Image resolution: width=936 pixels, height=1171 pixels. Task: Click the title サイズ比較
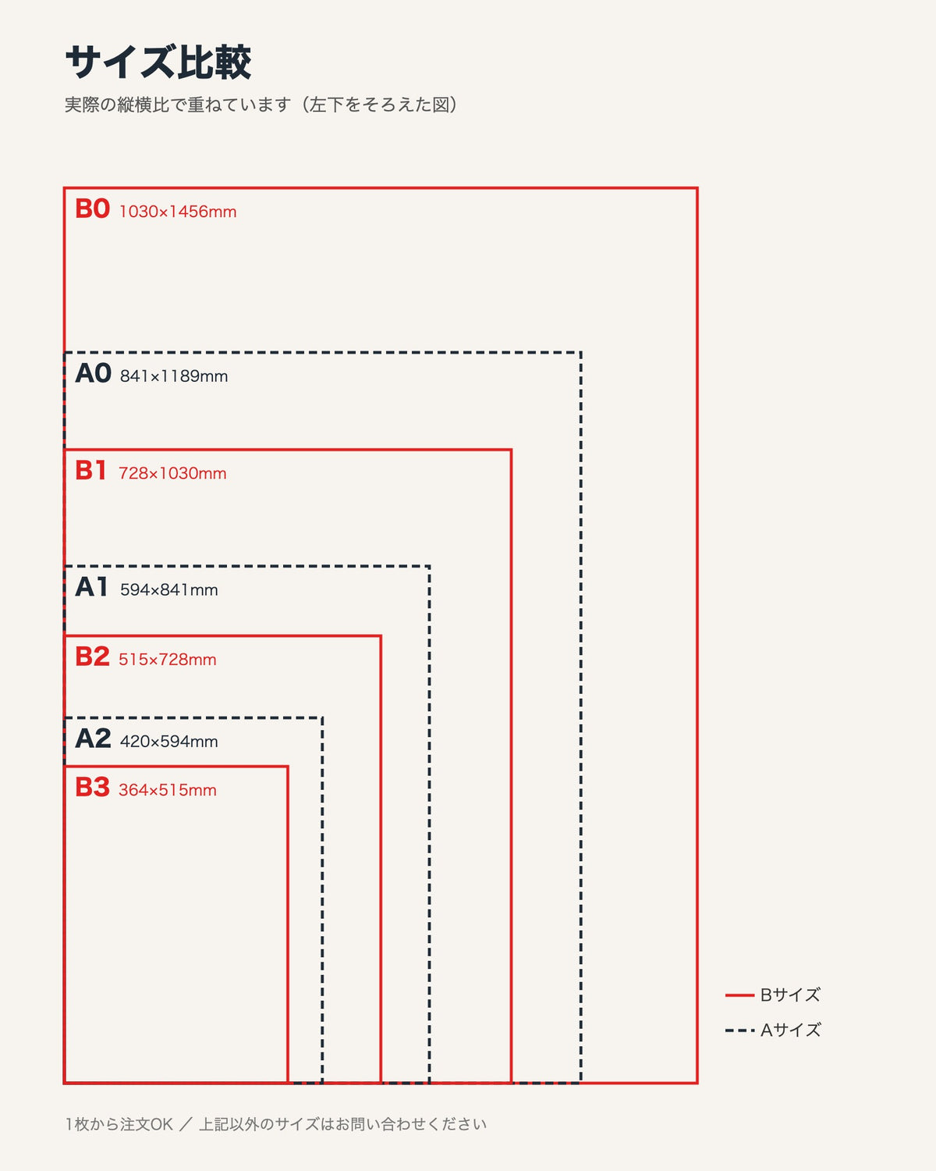tap(158, 62)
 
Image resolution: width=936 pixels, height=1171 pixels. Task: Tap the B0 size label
tap(93, 209)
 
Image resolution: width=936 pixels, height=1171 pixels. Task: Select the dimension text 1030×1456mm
tap(178, 212)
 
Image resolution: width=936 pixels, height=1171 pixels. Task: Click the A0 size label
tap(93, 373)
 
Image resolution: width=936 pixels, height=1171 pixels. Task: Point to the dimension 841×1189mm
tap(174, 376)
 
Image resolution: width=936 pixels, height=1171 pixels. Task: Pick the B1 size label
tap(90, 471)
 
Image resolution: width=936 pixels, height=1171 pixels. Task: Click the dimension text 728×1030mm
tap(172, 473)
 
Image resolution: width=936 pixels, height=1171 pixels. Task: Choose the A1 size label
tap(91, 587)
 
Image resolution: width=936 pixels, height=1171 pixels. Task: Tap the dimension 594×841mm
tap(169, 590)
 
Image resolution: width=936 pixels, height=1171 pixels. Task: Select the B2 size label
tap(93, 657)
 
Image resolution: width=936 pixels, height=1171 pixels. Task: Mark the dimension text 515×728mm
tap(168, 660)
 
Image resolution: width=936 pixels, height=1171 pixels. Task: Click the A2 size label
tap(93, 739)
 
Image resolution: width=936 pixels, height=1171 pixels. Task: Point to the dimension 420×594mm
tap(169, 742)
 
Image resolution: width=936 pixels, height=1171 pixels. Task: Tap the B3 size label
tap(93, 788)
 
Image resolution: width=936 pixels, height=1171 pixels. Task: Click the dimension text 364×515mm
tap(168, 790)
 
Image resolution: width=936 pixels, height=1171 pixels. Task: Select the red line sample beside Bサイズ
tap(739, 995)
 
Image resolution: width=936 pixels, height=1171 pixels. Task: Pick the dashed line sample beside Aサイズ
tap(739, 1030)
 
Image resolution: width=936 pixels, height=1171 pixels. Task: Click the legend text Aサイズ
tap(790, 1030)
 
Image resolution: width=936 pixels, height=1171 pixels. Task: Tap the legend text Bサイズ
tap(790, 995)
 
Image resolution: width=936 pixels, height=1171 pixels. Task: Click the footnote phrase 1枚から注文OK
tap(119, 1124)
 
